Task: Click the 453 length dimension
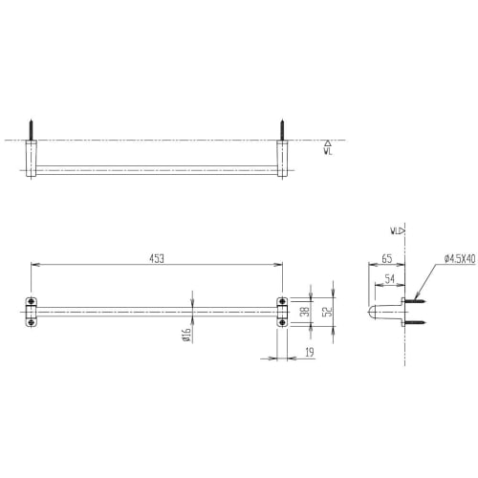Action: (x=157, y=257)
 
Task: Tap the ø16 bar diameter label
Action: (x=187, y=334)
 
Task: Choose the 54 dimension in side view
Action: (x=391, y=277)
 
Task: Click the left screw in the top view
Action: (x=32, y=129)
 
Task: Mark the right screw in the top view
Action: (x=282, y=129)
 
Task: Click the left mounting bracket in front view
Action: (x=32, y=312)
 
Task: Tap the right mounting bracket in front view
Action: (x=283, y=312)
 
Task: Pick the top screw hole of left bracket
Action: (x=32, y=302)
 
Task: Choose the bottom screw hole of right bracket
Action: (x=283, y=321)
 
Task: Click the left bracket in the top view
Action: (x=32, y=159)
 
